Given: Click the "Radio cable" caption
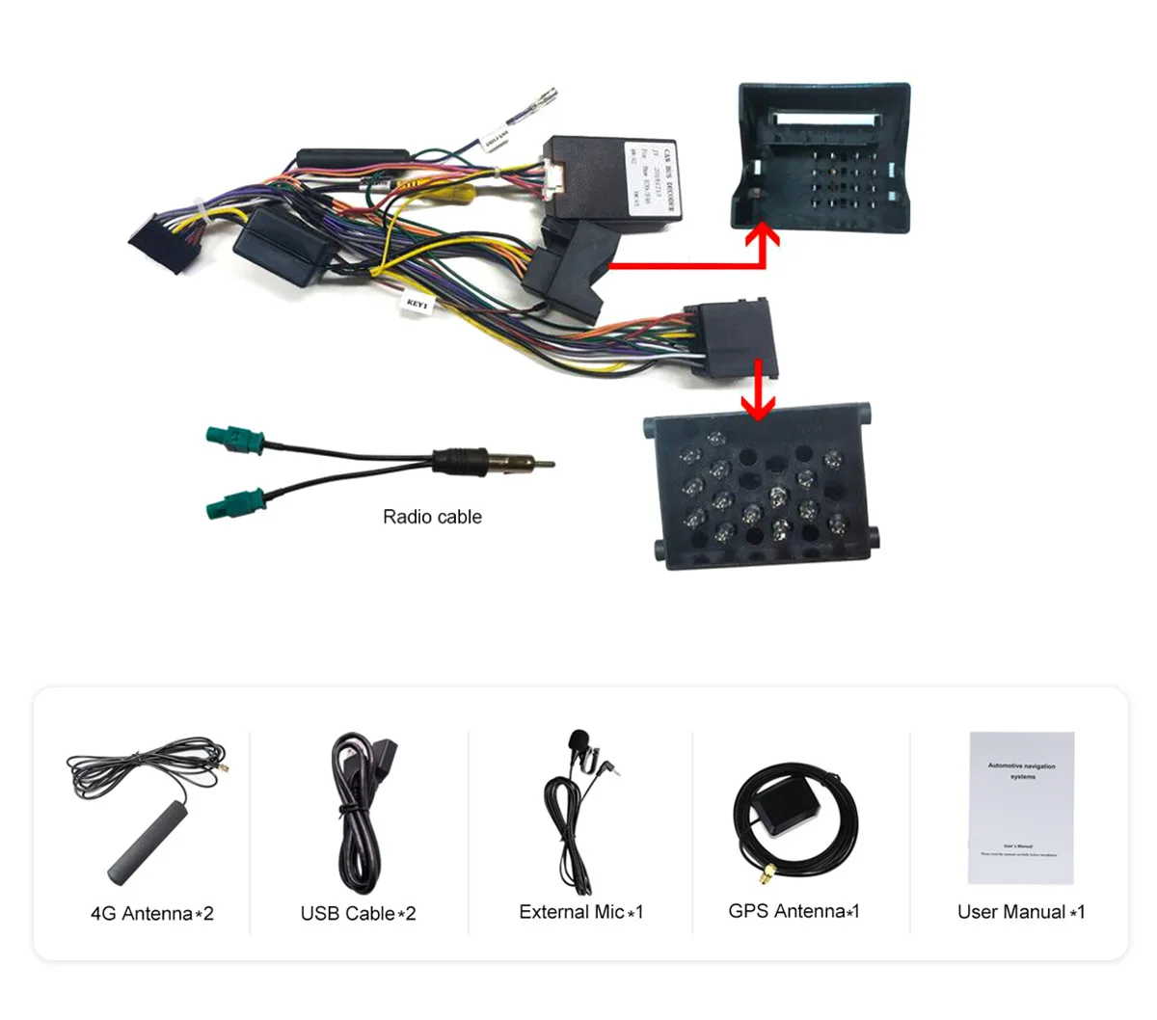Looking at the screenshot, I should pos(432,517).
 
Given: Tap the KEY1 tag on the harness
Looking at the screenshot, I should pos(417,303).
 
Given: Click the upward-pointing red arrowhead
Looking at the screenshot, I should pos(767,233).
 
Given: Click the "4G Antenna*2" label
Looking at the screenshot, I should pos(151,914).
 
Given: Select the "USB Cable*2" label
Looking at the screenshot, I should pos(358,914).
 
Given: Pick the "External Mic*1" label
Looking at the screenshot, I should pos(580,912).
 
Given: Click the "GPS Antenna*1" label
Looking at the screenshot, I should pos(794,911).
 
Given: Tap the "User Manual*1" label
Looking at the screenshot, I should pos(1021,912).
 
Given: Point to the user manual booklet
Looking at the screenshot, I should pos(1020,808).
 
